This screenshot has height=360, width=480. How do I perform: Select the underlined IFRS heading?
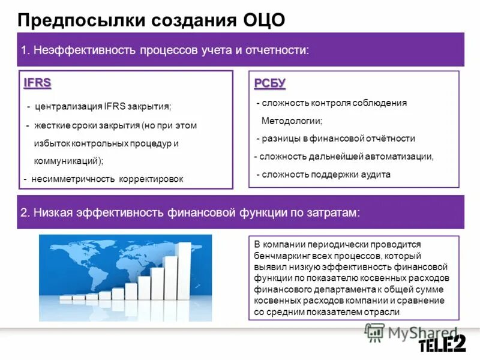38,83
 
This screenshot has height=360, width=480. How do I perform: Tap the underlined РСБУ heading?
269,83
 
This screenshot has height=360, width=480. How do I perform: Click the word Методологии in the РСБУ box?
292,121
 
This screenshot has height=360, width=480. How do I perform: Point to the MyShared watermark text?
414,331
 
